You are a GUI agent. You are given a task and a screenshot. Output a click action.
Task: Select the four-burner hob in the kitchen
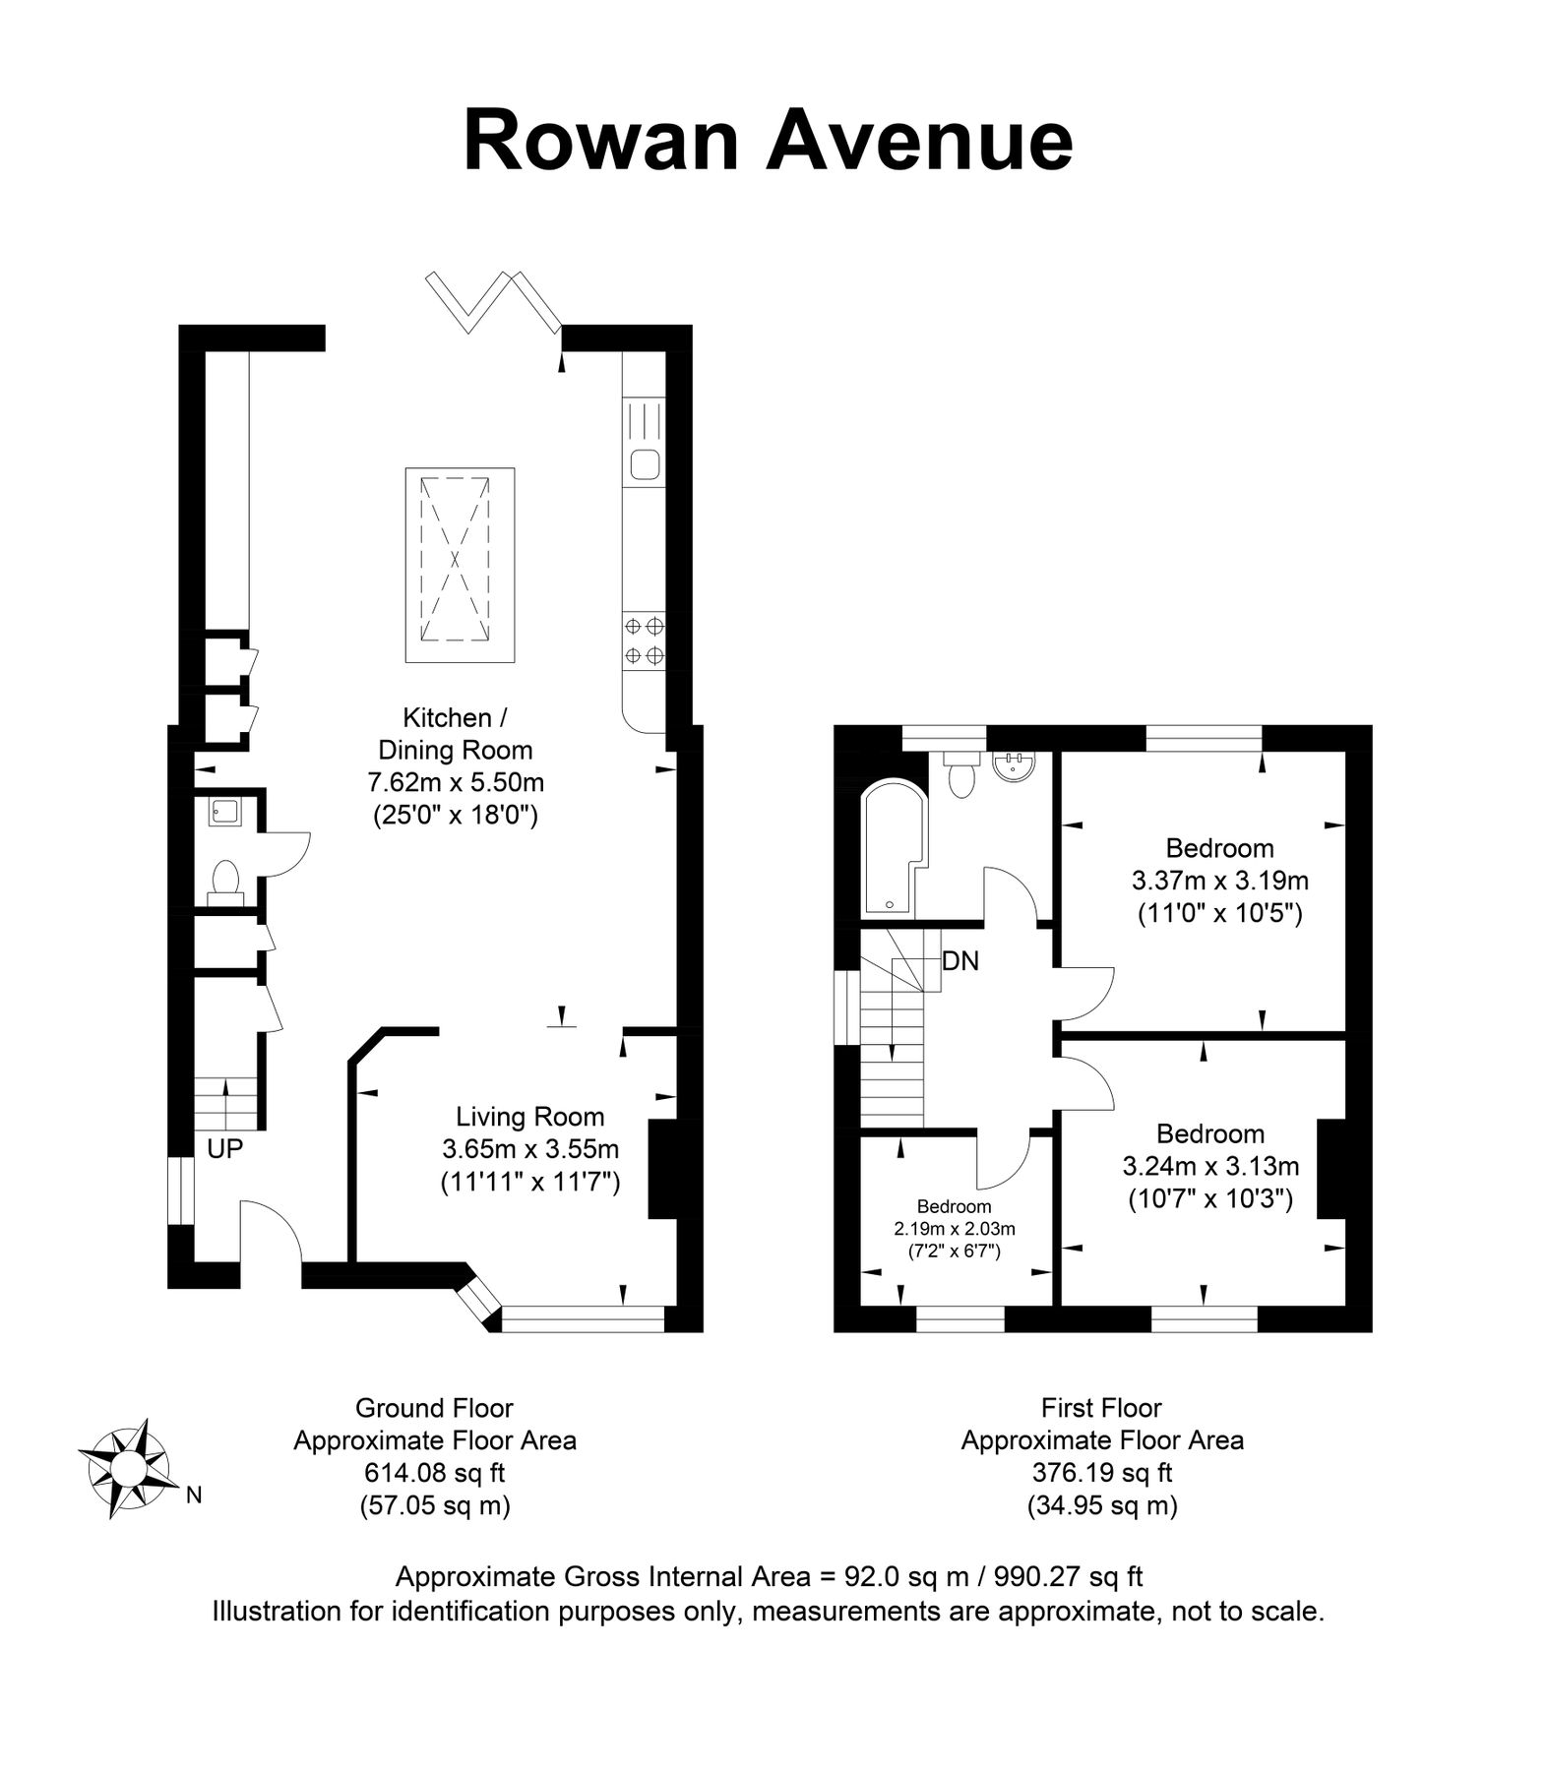(x=644, y=640)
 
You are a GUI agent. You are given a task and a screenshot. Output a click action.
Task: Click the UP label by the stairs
(x=224, y=1148)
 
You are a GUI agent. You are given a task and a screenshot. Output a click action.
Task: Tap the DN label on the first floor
(x=960, y=961)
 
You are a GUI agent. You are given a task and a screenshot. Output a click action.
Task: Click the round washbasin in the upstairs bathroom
(x=1013, y=766)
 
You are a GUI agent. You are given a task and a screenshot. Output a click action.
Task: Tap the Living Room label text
(x=529, y=1117)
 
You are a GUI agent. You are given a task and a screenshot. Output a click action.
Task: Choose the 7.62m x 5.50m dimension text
(x=456, y=783)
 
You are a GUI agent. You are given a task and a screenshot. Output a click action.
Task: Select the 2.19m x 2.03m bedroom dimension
(x=954, y=1229)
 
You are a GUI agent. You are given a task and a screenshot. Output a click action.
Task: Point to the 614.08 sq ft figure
(x=434, y=1473)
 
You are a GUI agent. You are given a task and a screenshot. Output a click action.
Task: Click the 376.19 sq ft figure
(x=1102, y=1473)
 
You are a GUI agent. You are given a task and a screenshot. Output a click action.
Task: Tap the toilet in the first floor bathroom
(x=960, y=776)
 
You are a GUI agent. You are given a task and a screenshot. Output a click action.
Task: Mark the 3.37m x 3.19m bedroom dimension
(x=1219, y=880)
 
